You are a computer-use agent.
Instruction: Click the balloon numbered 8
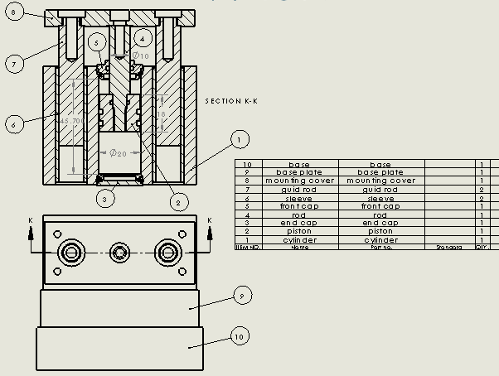(14, 15)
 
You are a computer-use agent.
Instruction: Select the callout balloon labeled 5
(96, 42)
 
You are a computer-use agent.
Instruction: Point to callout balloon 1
(240, 138)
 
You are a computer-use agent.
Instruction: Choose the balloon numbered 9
(240, 295)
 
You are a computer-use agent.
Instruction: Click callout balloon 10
(239, 336)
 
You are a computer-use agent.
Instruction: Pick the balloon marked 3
(104, 198)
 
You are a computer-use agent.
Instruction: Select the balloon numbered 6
(13, 124)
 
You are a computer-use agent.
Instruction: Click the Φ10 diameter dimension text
(141, 55)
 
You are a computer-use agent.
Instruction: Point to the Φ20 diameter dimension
(118, 153)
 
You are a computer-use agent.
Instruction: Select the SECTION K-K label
(232, 101)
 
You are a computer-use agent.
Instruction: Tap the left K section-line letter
(31, 220)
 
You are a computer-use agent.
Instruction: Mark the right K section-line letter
(209, 220)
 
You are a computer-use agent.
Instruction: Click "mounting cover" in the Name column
(299, 181)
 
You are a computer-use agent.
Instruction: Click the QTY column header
(481, 247)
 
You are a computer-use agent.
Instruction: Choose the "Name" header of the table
(299, 247)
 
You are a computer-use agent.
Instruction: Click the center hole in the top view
(121, 251)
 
